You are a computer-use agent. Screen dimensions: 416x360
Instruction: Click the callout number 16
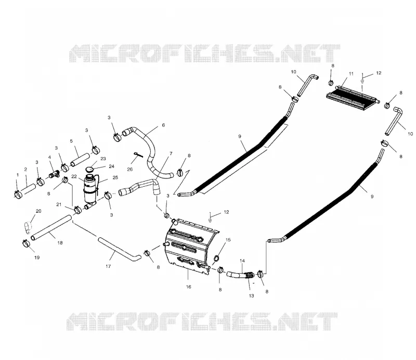[x=188, y=287]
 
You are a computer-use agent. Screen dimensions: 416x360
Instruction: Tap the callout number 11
[x=351, y=73]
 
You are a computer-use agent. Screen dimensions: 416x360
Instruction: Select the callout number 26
[x=129, y=169]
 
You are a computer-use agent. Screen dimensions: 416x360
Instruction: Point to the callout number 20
[x=38, y=211]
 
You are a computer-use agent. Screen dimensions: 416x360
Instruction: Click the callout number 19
[x=37, y=258]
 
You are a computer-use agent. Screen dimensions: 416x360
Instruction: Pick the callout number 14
[x=242, y=261]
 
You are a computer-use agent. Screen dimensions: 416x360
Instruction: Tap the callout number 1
[x=18, y=175]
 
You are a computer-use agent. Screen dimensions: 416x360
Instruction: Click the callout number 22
[x=74, y=176]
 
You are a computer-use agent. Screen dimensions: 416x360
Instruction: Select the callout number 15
[x=228, y=240]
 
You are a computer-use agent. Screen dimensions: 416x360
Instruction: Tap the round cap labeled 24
[x=89, y=169]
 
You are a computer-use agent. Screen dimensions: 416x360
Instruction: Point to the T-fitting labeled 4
[x=55, y=175]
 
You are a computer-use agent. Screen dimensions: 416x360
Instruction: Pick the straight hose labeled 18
[x=51, y=227]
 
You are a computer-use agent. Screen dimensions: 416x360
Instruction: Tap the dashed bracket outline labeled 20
[x=28, y=228]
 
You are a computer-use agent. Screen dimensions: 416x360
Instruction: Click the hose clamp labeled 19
[x=27, y=242]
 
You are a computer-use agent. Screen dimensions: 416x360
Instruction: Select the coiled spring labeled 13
[x=249, y=275]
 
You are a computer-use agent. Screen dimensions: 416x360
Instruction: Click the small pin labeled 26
[x=138, y=155]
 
